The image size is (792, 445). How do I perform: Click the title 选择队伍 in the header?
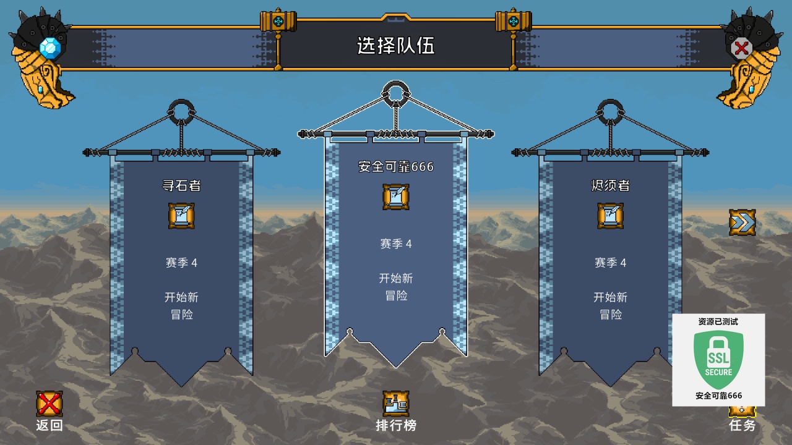[395, 46]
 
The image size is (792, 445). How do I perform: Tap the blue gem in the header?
[51, 48]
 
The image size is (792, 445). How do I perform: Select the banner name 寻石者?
[181, 185]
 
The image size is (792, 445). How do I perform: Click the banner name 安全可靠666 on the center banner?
[396, 167]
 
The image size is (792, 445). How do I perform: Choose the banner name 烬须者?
[610, 185]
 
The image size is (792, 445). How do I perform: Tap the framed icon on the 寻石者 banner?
[181, 216]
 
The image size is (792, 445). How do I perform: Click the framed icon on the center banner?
[396, 197]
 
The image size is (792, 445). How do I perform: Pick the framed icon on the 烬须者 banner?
[610, 216]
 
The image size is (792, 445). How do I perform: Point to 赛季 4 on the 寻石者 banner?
[181, 263]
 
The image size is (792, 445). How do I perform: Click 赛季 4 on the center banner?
[396, 244]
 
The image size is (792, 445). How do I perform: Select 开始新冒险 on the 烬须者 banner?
[610, 306]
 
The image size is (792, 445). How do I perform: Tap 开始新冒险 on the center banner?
[396, 287]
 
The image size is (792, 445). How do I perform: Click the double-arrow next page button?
[742, 222]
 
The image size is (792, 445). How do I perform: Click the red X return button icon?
[49, 404]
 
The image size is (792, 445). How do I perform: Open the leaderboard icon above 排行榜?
[396, 404]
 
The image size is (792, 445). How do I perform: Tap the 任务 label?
[742, 425]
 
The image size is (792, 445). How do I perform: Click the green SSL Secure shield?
[718, 359]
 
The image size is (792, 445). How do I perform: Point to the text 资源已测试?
[718, 321]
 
